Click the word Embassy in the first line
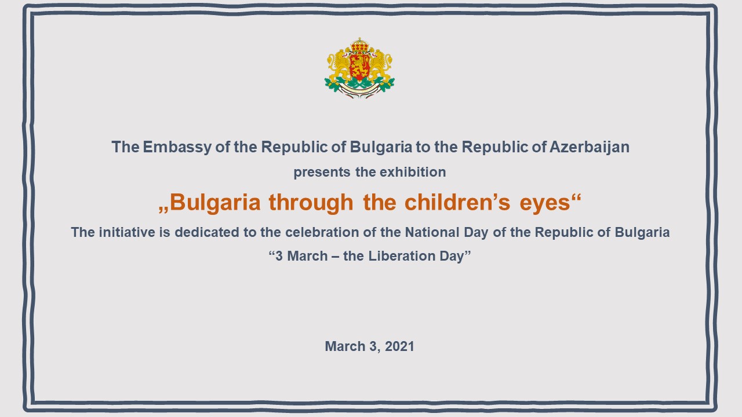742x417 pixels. click(177, 148)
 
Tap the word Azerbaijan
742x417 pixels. click(590, 148)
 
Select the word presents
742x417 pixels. click(322, 173)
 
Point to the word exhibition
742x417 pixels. click(413, 172)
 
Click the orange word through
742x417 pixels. click(311, 203)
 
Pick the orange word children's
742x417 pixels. click(457, 202)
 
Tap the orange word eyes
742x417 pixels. click(545, 203)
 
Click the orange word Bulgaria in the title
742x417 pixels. click(215, 203)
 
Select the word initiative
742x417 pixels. click(127, 232)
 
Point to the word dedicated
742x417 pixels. click(207, 232)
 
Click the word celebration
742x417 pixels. click(322, 232)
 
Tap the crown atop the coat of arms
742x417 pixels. click(359, 45)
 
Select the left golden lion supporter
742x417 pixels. click(338, 64)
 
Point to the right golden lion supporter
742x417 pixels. click(381, 64)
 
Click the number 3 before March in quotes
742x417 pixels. click(279, 256)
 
